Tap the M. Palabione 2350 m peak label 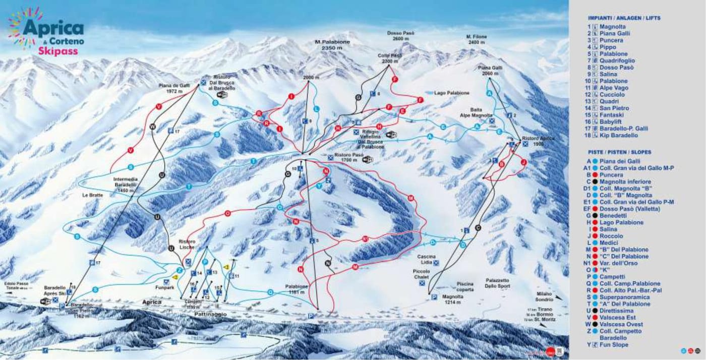tap(328, 45)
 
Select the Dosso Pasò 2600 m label tap(401, 36)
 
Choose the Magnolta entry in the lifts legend tap(613, 27)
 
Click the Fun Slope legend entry tap(614, 345)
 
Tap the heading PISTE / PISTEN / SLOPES tap(619, 152)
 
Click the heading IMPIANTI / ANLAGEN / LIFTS tap(624, 18)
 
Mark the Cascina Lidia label tap(426, 259)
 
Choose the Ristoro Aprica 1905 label tap(538, 141)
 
